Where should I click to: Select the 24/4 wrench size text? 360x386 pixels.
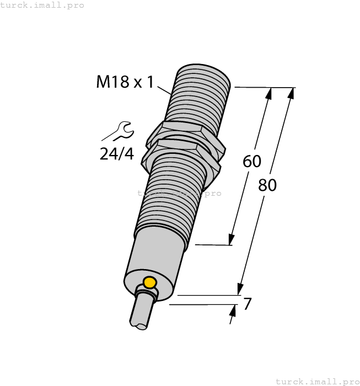[x=116, y=153]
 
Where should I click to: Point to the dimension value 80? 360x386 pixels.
[x=267, y=185]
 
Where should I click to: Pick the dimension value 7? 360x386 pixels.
[x=248, y=303]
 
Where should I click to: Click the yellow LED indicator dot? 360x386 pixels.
[x=149, y=283]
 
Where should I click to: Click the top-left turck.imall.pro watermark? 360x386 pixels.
[x=42, y=5]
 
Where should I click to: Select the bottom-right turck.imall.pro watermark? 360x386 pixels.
[x=317, y=381]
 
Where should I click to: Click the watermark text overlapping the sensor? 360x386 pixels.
[x=179, y=193]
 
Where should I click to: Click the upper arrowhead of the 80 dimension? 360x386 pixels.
[x=292, y=93]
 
